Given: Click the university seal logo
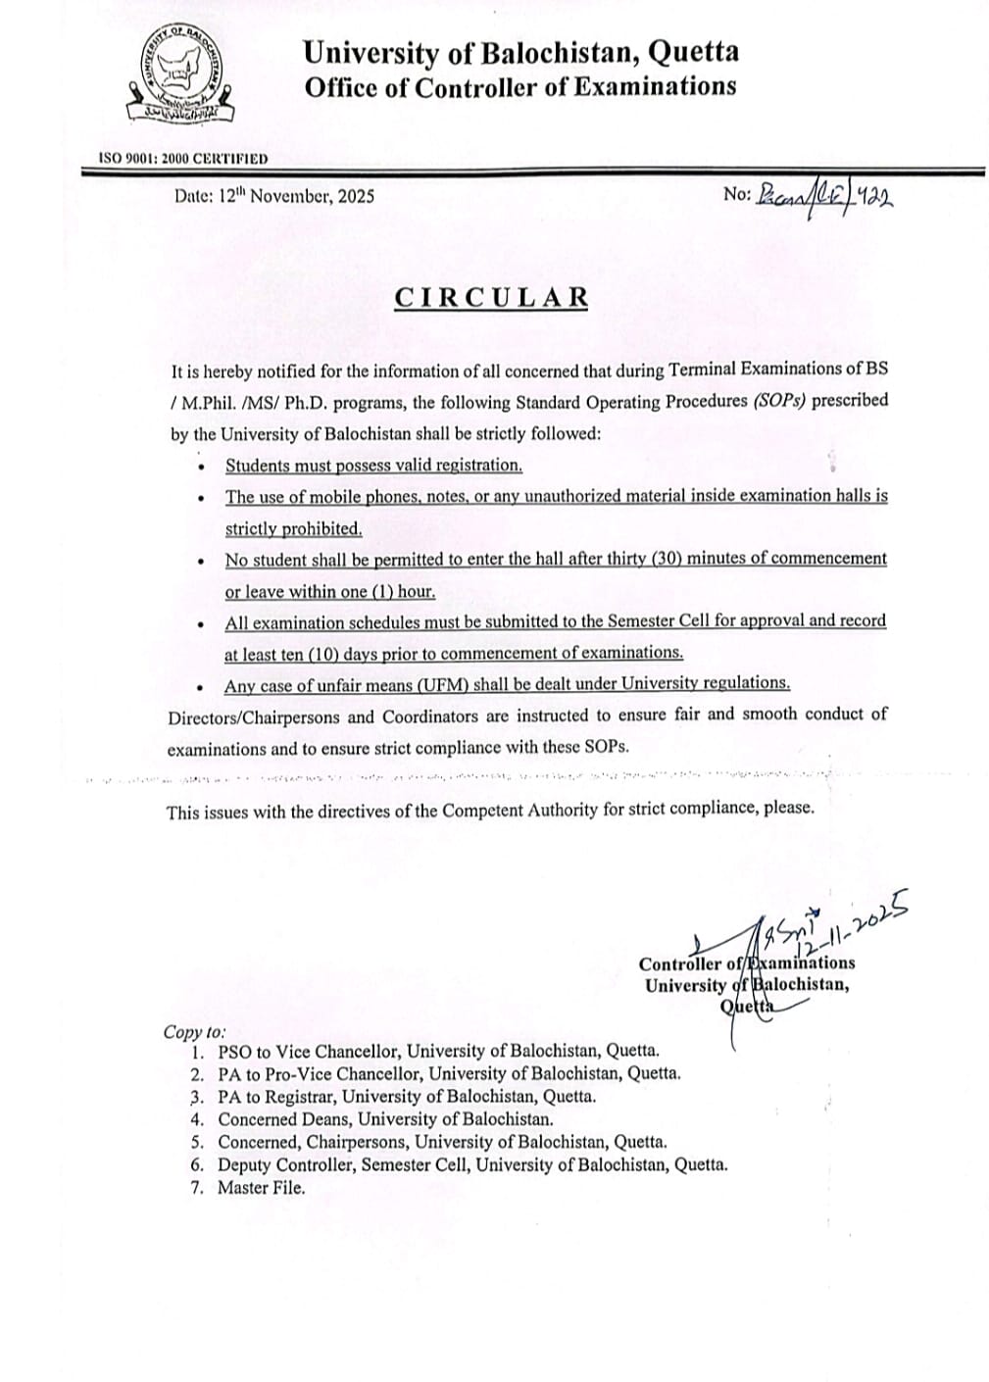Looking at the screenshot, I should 181,75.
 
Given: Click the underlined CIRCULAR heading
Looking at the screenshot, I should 491,298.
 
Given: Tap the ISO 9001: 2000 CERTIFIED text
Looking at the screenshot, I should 183,159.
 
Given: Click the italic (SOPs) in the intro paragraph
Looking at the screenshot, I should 780,400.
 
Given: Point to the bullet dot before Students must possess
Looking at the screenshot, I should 202,467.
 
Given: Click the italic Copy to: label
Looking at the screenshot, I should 194,1032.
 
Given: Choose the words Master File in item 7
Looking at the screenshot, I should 261,1188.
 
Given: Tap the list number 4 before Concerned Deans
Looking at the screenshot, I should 197,1119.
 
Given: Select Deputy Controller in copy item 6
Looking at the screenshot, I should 285,1165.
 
